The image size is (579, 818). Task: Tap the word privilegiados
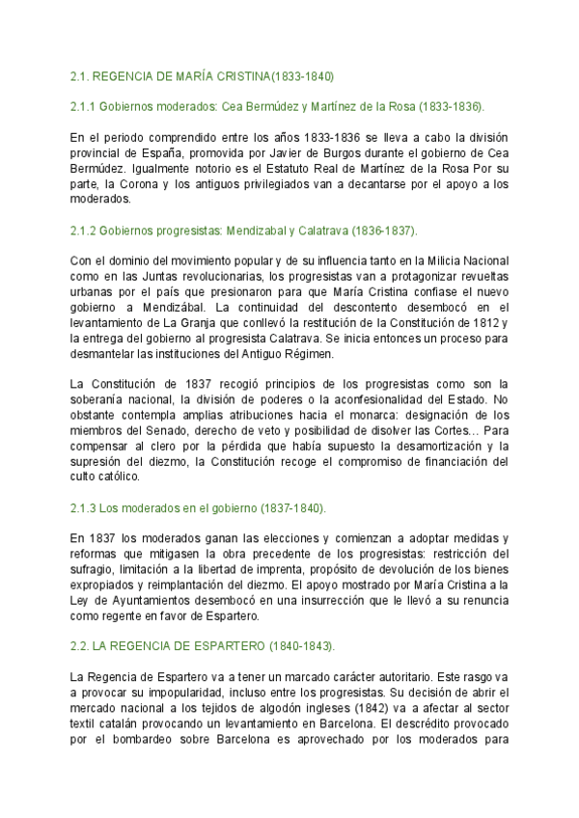248,184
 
